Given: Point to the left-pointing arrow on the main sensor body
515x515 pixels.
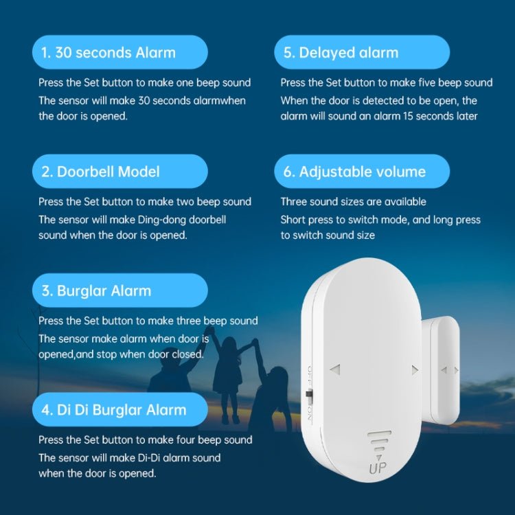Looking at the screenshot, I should (x=335, y=369).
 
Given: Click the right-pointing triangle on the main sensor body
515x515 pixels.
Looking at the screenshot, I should (x=414, y=369).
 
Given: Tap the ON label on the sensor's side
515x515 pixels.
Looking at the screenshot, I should (x=310, y=413).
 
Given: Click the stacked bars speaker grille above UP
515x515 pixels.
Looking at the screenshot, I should (x=378, y=444).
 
